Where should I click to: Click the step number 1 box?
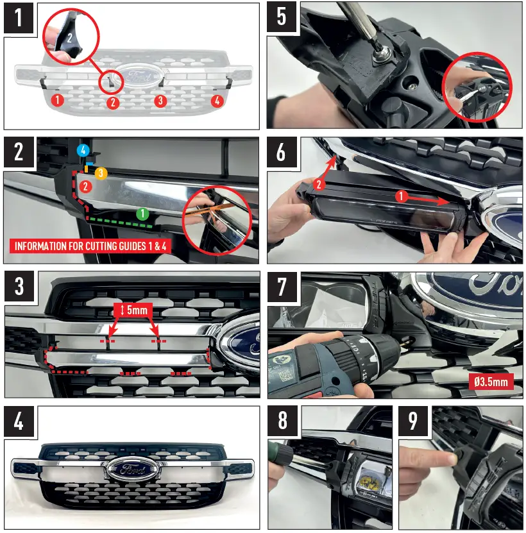coord(19,19)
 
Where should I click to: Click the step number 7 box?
coord(282,287)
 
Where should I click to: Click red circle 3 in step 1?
coord(160,101)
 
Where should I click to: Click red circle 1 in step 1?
coord(57,100)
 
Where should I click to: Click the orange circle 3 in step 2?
coord(100,173)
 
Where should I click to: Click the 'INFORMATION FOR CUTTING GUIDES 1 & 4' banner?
coord(90,246)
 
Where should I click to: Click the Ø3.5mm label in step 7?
coord(490,380)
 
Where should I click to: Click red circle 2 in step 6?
coord(319,185)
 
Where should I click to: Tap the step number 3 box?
coord(19,287)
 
